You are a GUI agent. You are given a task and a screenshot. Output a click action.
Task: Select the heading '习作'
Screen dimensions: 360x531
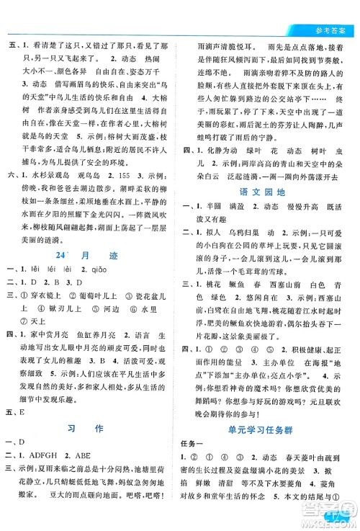coord(91,429)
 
